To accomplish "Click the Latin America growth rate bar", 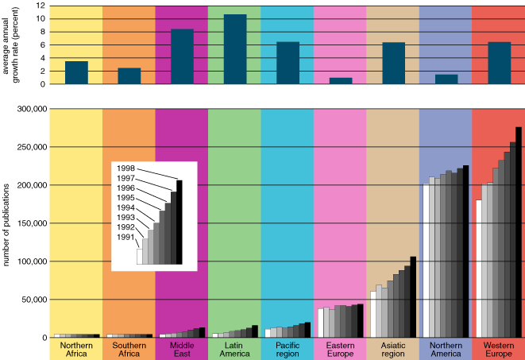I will (x=235, y=49).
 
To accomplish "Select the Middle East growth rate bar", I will (x=182, y=56).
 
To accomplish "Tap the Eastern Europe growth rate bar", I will (x=341, y=80).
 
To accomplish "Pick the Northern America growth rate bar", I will (x=446, y=79).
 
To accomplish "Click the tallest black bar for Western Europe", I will (x=519, y=232).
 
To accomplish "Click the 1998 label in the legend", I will (x=125, y=168).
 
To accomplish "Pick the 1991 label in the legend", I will (x=125, y=236).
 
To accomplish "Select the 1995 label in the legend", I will (x=125, y=197).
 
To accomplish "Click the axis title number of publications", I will (x=6, y=223).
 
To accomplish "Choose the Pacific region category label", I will (x=288, y=350).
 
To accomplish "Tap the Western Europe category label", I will (x=498, y=350).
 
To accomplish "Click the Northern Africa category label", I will (x=76, y=350).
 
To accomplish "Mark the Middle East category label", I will (x=182, y=350).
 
